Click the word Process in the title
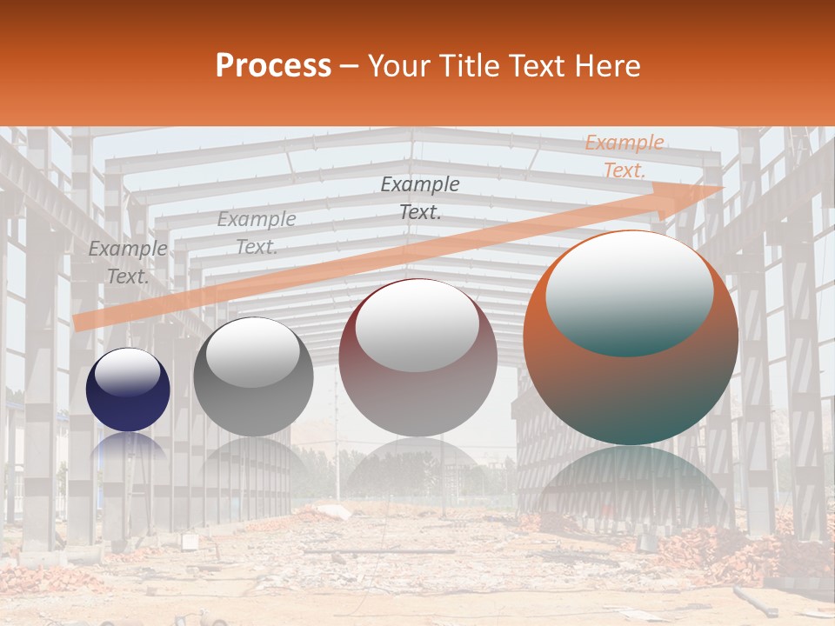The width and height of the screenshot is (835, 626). [x=273, y=66]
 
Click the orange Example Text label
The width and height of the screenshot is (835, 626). [x=625, y=156]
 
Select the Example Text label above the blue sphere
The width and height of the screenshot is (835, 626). [x=128, y=263]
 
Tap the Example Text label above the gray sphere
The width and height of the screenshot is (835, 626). [x=257, y=233]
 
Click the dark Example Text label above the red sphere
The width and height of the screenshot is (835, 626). [x=420, y=197]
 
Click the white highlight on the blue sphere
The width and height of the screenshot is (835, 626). [x=127, y=372]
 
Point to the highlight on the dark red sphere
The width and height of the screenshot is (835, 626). [x=417, y=326]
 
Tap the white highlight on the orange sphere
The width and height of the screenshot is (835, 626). [x=629, y=291]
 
